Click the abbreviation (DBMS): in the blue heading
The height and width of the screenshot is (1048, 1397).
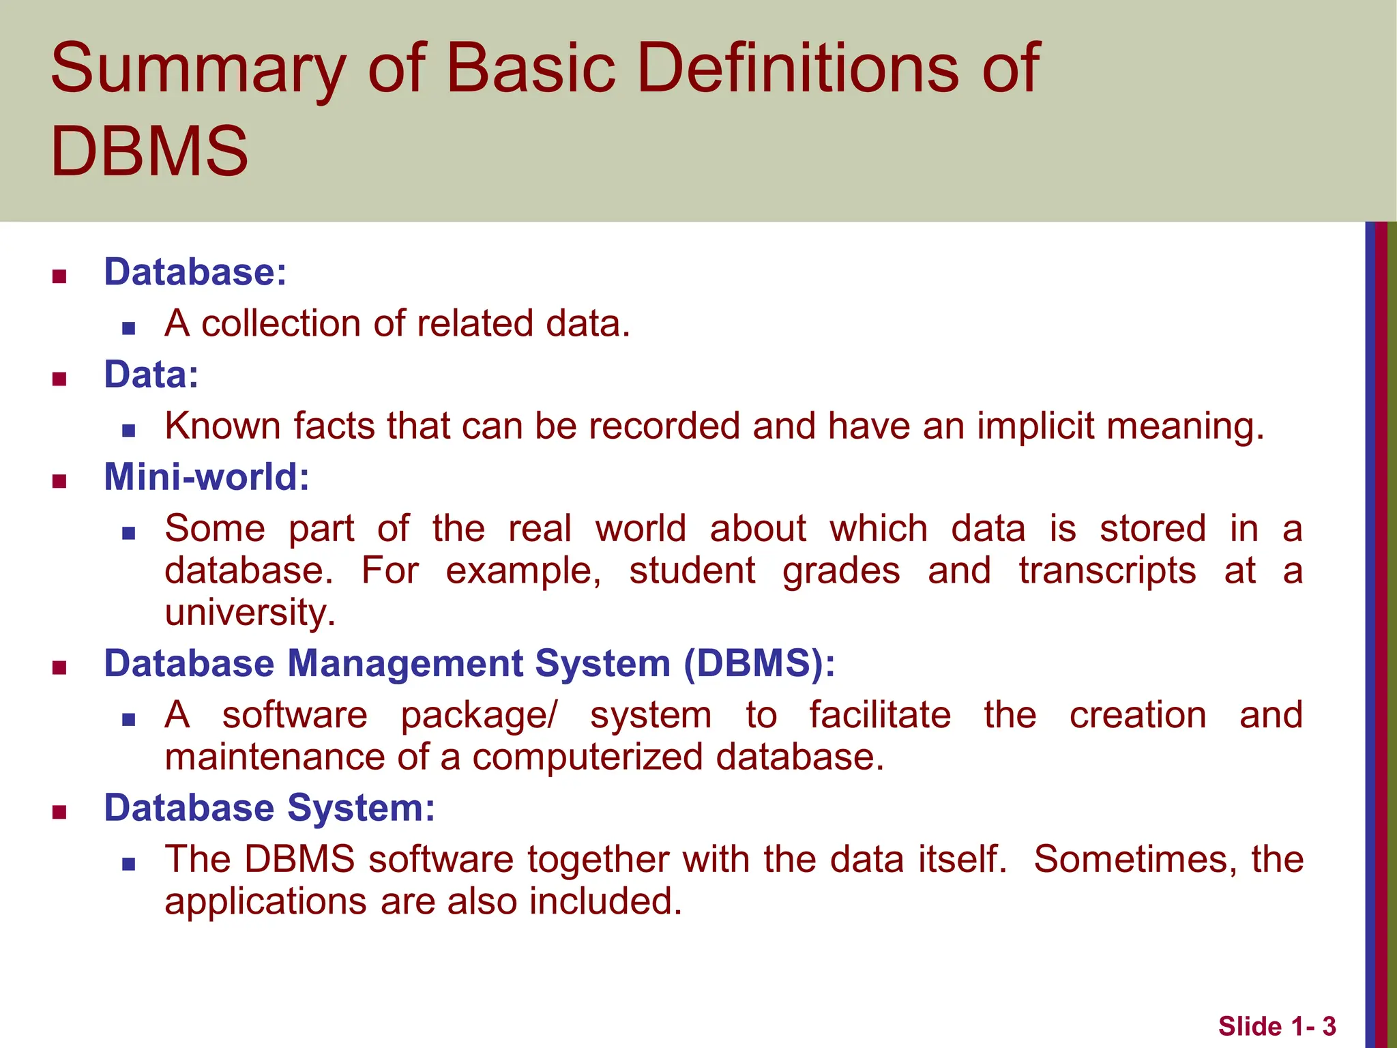[x=759, y=663]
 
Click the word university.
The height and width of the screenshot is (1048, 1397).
[x=250, y=613]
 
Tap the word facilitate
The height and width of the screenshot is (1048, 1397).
[x=880, y=715]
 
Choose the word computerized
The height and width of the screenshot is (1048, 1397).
[x=587, y=757]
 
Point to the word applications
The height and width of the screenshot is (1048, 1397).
[x=266, y=901]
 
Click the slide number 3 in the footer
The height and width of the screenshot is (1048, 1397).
[x=1329, y=1026]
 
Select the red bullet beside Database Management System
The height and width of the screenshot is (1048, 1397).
[x=59, y=667]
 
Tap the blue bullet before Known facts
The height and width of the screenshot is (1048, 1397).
[x=128, y=431]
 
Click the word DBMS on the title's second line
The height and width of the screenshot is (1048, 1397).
[x=149, y=151]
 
